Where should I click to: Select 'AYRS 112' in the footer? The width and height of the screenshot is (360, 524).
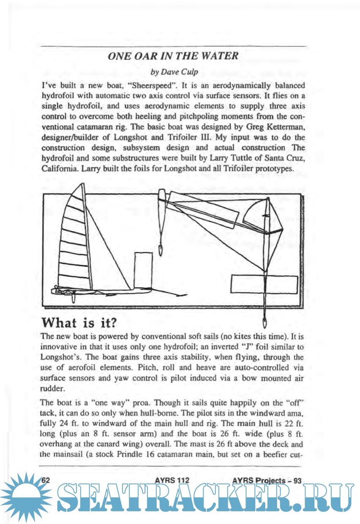pyautogui.click(x=171, y=480)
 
